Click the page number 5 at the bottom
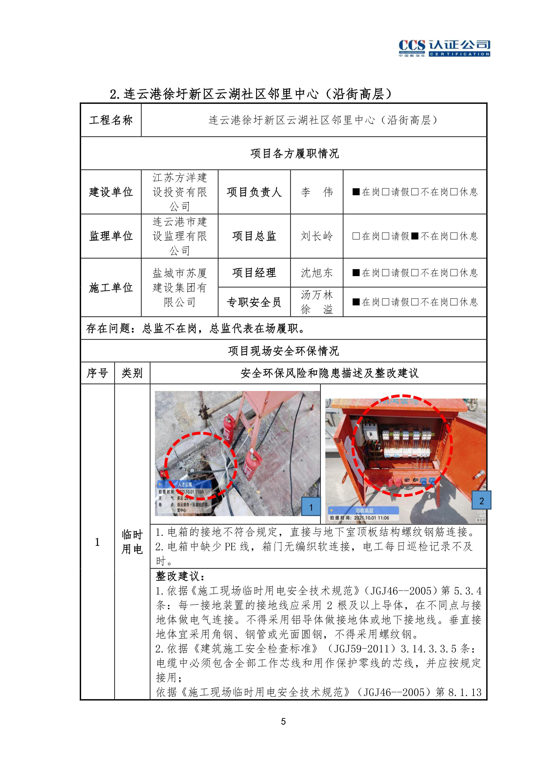coord(283,721)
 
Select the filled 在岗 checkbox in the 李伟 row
coord(356,192)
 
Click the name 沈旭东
coord(316,273)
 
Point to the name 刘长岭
coord(316,236)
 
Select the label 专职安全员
coord(254,302)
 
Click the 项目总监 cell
coord(254,236)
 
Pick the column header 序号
coord(97,373)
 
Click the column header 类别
coord(132,373)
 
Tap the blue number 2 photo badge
coord(481,501)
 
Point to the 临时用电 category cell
coord(132,542)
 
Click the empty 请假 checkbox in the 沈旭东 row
coord(385,273)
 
